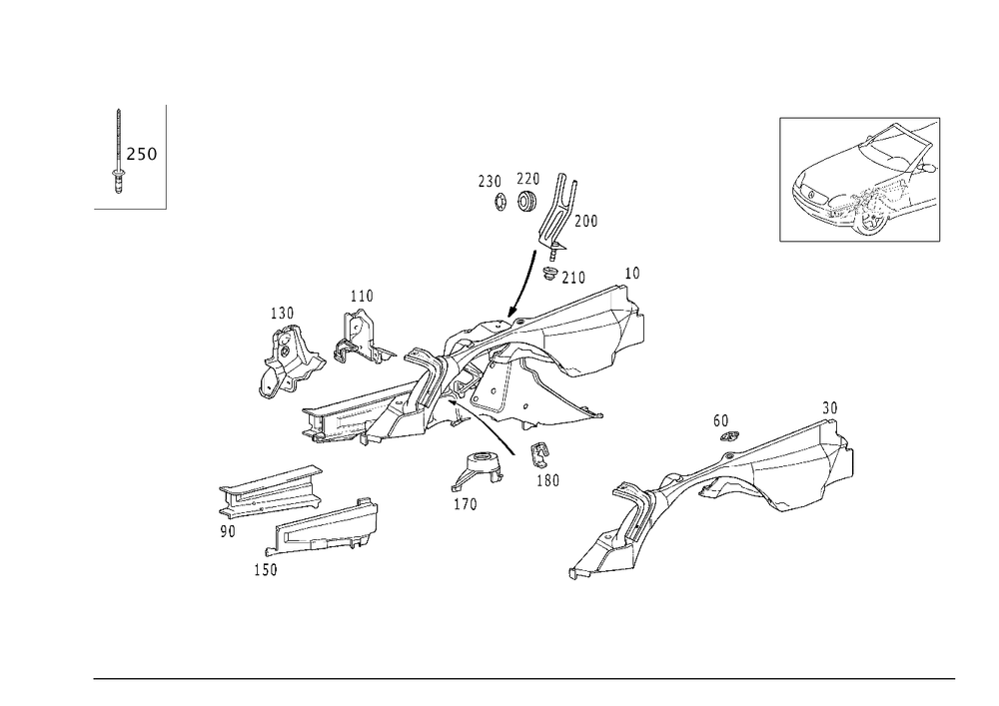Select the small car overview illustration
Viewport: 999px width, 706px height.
pos(865,183)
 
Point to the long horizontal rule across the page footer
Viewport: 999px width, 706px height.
pos(524,679)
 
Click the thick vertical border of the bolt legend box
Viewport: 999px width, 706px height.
pos(166,155)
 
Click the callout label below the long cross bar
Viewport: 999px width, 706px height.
pos(266,572)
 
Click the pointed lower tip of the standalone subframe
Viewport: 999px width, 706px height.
pos(579,572)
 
